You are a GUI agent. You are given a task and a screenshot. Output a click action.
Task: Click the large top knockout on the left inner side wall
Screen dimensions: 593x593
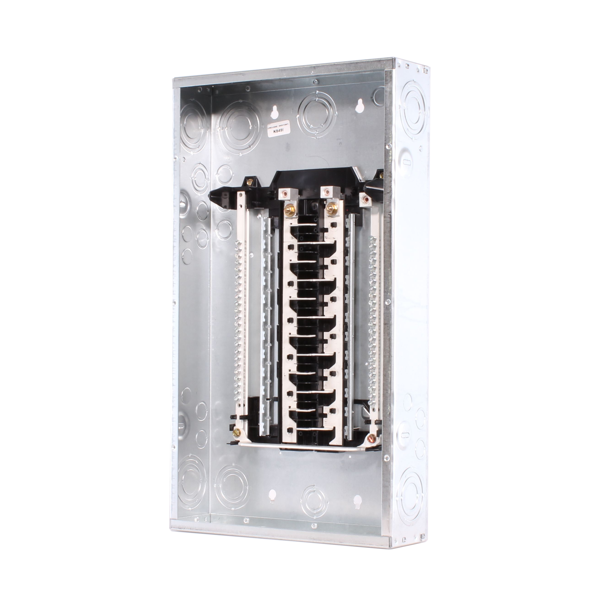click(193, 123)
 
